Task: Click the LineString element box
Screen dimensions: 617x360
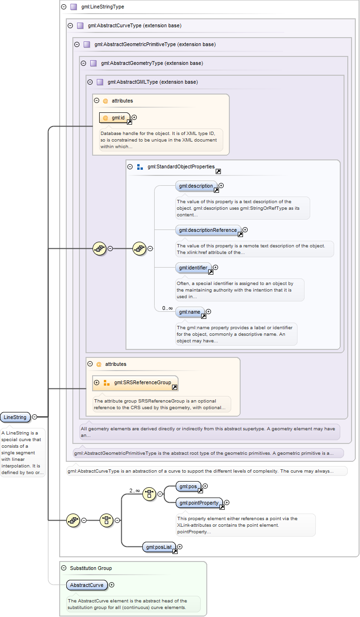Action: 15,417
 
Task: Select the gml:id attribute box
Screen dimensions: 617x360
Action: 115,118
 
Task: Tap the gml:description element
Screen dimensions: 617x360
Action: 196,186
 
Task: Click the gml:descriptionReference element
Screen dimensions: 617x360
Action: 208,230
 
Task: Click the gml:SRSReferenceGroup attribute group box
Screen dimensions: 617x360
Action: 135,383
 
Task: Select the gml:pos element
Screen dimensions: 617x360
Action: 188,486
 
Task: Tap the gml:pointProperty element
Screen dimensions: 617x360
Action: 198,503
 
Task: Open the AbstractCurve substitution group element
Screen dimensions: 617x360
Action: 86,585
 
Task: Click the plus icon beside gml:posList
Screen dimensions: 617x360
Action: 180,546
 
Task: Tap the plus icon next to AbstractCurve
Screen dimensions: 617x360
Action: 111,585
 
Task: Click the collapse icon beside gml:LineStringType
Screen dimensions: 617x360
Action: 64,7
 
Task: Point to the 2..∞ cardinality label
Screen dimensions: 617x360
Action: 134,490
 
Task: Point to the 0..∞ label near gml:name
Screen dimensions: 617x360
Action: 167,308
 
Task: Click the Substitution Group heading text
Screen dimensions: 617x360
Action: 91,568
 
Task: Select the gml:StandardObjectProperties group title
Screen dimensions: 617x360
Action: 181,166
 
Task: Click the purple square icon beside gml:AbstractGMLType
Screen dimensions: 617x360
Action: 100,82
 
